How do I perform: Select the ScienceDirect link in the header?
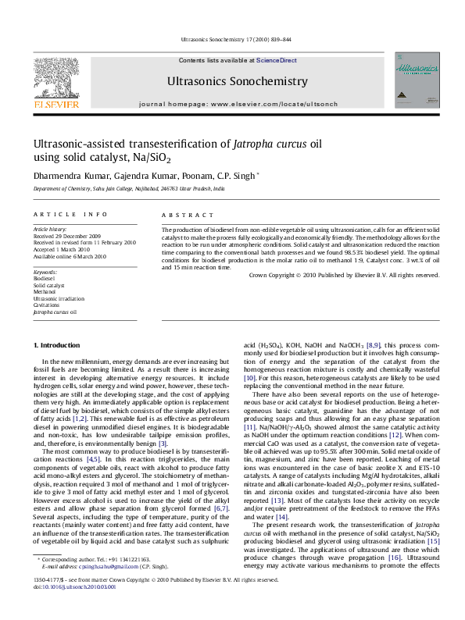coord(276,60)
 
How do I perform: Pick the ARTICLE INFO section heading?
coord(70,213)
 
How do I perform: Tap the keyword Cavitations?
coord(46,305)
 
